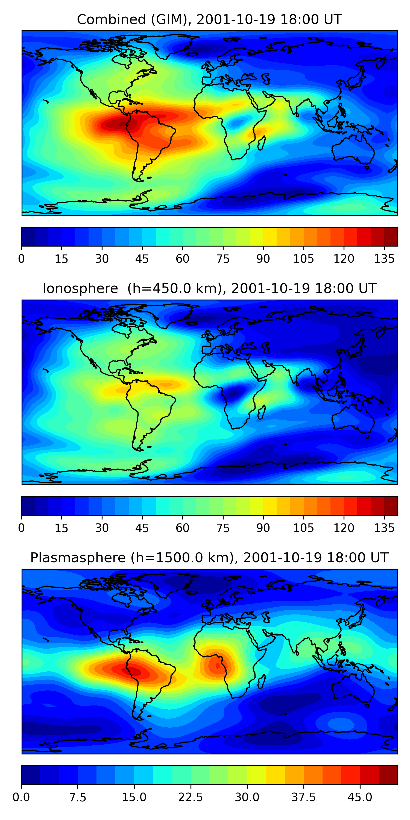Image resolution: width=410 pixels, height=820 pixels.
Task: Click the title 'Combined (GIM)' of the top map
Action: click(x=132, y=20)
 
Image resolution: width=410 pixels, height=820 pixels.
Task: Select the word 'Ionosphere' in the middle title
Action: click(x=80, y=289)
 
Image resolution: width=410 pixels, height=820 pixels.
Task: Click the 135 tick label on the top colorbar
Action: click(x=384, y=259)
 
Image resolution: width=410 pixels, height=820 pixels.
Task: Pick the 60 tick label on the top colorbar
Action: click(x=182, y=259)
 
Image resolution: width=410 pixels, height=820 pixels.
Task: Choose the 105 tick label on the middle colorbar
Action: click(x=303, y=528)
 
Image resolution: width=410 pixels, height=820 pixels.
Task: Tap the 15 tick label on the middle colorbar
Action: click(x=61, y=528)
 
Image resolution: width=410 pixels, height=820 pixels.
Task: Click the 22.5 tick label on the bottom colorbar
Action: click(x=190, y=797)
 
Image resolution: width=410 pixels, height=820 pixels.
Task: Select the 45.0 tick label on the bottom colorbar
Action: click(x=360, y=797)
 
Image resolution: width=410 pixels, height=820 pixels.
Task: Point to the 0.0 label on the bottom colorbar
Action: click(x=21, y=797)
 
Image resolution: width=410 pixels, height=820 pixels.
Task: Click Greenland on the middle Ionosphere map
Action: click(x=174, y=314)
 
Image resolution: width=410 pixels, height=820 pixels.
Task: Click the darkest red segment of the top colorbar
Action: click(x=391, y=236)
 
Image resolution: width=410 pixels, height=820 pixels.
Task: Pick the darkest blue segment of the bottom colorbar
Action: click(x=31, y=775)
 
